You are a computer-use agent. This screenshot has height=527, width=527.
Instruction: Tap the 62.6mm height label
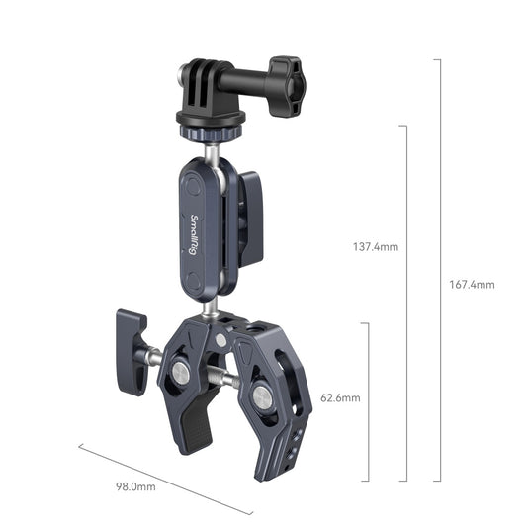341,398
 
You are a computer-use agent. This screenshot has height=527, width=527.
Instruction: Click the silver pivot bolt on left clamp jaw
181,372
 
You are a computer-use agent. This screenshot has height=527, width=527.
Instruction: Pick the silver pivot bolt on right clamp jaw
261,395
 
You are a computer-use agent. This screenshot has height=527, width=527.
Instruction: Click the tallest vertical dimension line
439,270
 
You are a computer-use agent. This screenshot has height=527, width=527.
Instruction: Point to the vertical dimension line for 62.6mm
370,400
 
